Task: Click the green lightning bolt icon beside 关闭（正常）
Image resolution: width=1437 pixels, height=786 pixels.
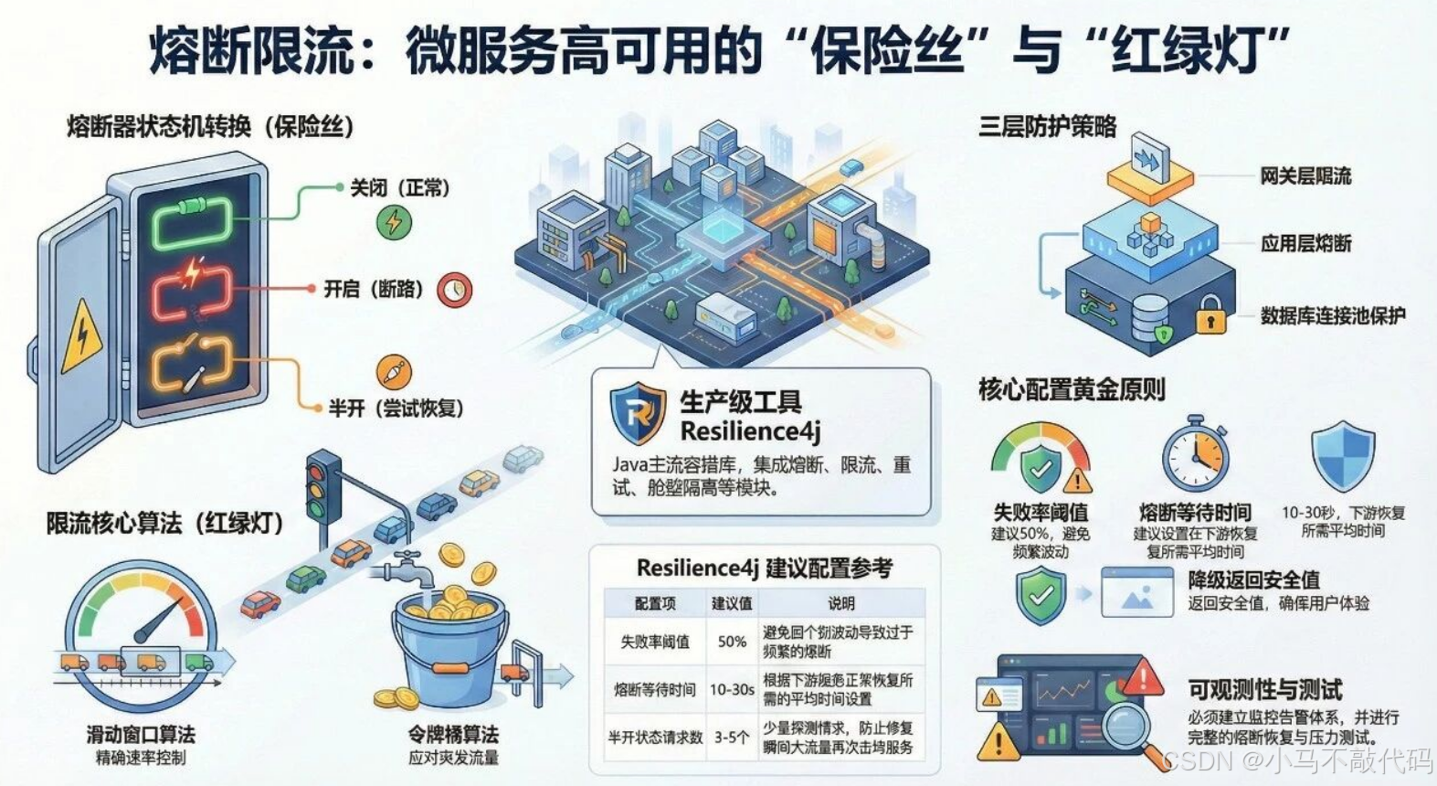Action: (394, 222)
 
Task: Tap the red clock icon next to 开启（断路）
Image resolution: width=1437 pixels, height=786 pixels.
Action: (455, 290)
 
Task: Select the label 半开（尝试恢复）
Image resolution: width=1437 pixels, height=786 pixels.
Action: (396, 409)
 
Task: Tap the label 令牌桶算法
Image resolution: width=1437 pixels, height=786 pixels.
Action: (453, 734)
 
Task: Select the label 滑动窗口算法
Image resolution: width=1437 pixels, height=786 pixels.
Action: (141, 734)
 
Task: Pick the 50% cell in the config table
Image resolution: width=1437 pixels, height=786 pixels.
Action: (732, 642)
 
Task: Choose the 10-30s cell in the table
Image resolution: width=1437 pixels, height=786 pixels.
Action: (732, 689)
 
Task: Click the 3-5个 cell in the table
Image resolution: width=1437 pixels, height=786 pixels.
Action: (732, 737)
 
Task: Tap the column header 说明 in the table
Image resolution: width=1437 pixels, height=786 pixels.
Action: (841, 603)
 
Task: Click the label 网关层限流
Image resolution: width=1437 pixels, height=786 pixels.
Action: (1305, 176)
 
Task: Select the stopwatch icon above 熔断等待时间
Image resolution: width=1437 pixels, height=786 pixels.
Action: (1195, 456)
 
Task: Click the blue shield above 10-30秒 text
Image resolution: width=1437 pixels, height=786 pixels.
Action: (1342, 456)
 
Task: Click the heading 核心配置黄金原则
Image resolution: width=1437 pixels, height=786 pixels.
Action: (1072, 390)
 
